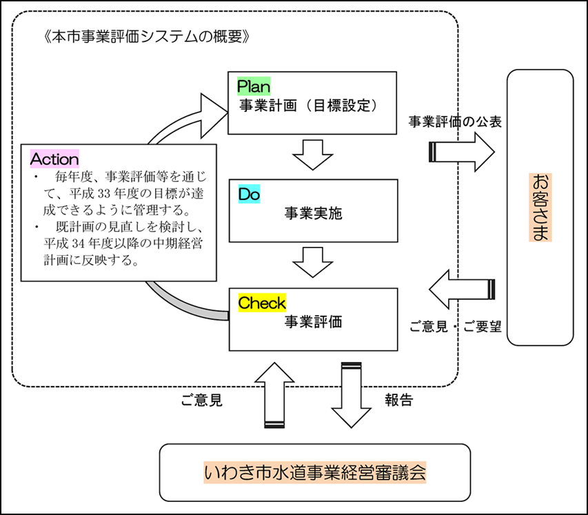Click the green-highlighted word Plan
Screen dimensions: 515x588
tap(254, 86)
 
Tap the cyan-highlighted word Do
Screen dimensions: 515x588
tap(249, 194)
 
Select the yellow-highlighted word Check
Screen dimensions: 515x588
tap(261, 303)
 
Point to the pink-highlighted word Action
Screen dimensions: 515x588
tap(54, 159)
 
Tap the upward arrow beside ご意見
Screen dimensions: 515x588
tap(274, 396)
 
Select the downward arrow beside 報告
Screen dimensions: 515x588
tap(352, 396)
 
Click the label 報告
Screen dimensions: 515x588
tap(398, 400)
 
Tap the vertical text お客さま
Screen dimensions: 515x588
tap(539, 207)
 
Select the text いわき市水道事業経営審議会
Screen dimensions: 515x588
tap(315, 474)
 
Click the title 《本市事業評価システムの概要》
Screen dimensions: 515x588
tap(145, 37)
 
